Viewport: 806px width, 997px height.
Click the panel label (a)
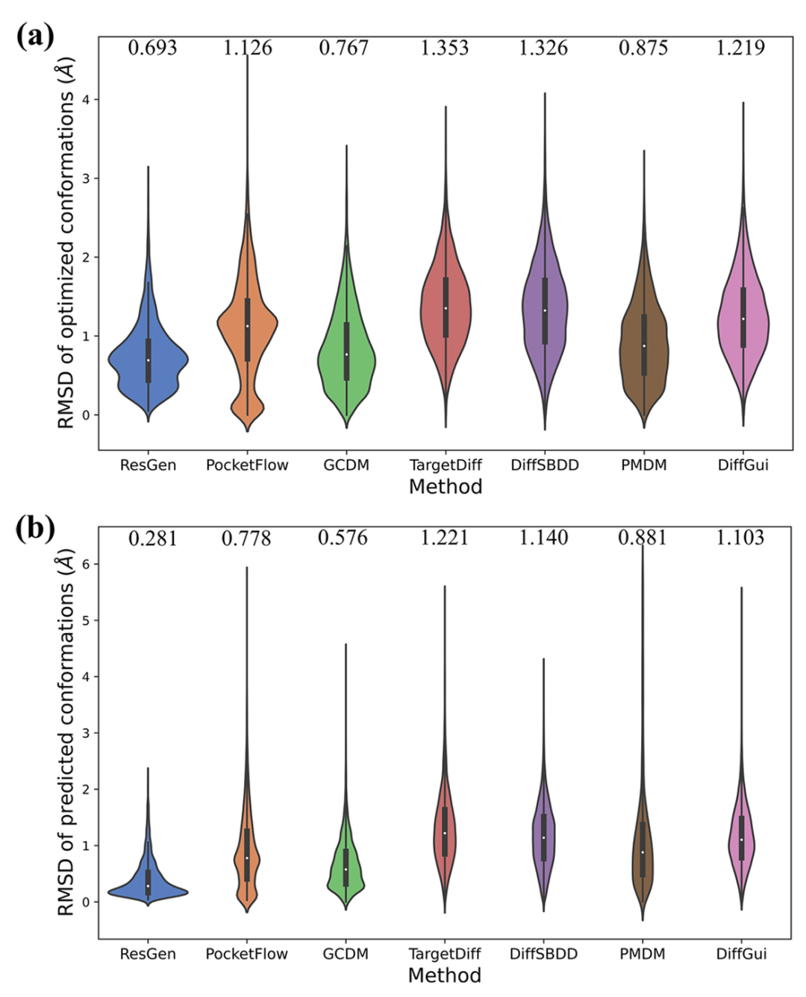tap(34, 35)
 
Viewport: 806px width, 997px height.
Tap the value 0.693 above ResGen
tap(152, 48)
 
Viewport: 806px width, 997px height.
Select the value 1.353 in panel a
tap(444, 48)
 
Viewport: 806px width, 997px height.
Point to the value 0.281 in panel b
tap(152, 538)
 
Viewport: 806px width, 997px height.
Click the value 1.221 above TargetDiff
tap(444, 538)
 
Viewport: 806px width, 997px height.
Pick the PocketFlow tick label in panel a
tap(247, 465)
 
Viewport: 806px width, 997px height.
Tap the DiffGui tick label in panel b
tap(741, 954)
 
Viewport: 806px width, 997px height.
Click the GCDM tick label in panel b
tap(346, 954)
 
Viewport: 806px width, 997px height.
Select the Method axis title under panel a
tap(446, 487)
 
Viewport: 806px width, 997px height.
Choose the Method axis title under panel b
tap(445, 975)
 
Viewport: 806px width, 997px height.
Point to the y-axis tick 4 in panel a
tap(87, 100)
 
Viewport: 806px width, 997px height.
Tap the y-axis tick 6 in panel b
tap(87, 564)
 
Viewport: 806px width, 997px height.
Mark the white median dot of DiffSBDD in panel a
tap(545, 310)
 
